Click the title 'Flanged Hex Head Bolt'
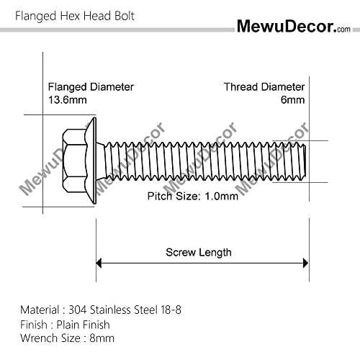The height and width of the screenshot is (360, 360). click(75, 17)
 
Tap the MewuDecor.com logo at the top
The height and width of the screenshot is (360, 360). click(294, 26)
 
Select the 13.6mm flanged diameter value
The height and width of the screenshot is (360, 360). click(68, 100)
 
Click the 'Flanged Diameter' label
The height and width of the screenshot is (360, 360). click(91, 87)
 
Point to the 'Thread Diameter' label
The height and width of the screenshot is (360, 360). click(264, 87)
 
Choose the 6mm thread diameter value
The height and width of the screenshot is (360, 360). click(293, 100)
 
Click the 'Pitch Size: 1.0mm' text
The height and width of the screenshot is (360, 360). click(193, 197)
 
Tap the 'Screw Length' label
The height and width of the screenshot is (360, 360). click(199, 253)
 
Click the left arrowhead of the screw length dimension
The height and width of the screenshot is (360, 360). click(99, 263)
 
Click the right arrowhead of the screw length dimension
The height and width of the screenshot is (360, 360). click(305, 263)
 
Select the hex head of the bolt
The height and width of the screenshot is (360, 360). click(74, 161)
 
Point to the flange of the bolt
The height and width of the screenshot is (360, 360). click(92, 161)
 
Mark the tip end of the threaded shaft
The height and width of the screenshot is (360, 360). click(305, 161)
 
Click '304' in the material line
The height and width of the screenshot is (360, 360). click(77, 310)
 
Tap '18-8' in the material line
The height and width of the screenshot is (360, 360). click(171, 310)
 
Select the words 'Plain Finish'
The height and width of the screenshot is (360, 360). click(83, 325)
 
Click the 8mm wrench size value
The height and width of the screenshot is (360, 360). click(102, 338)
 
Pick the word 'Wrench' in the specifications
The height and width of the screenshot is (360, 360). click(39, 338)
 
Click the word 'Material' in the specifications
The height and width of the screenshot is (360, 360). click(40, 310)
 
